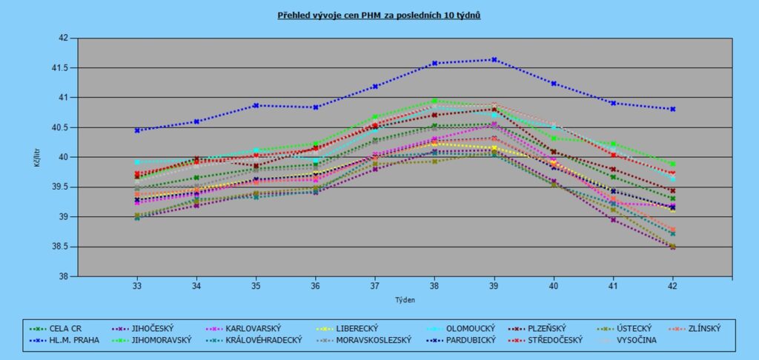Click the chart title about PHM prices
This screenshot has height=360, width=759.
point(379,15)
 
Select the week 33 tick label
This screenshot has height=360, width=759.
point(137,285)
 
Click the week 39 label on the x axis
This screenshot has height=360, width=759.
point(494,285)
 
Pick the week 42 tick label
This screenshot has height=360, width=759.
point(673,285)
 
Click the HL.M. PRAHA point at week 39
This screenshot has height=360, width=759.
point(494,60)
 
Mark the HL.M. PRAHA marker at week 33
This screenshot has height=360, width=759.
point(137,130)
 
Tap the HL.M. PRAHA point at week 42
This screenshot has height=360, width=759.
point(673,109)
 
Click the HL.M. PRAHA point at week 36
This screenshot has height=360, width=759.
point(316,107)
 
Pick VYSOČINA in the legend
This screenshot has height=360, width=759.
point(634,340)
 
